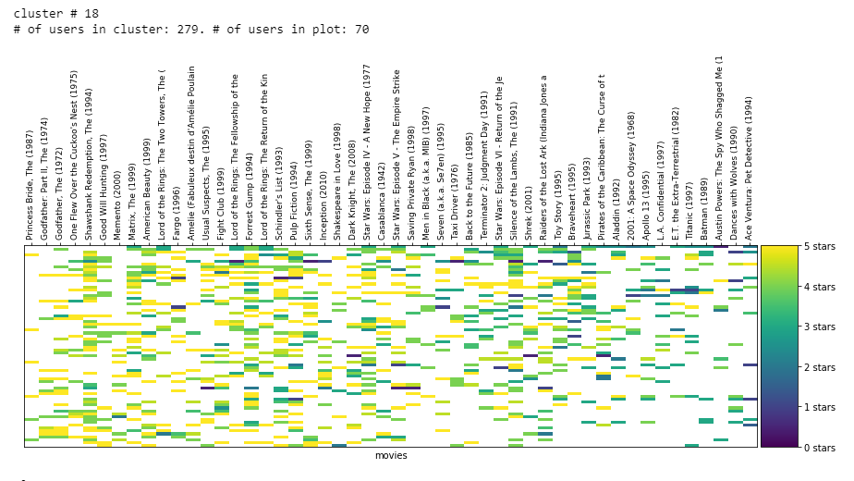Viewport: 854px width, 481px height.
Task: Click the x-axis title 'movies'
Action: coord(391,456)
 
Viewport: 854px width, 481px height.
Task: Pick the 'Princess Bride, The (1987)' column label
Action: coord(30,183)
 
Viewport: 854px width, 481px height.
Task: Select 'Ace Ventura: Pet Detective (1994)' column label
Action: coord(750,167)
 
